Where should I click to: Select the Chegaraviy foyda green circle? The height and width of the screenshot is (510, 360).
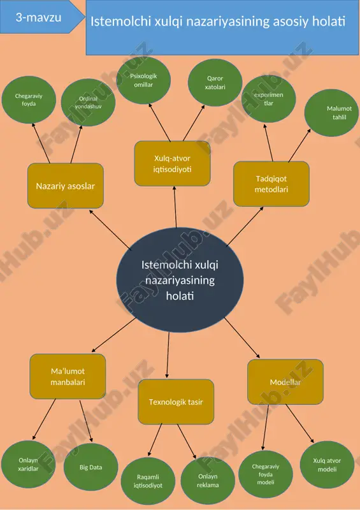[29, 100]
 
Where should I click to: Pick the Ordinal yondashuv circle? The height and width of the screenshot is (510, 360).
[88, 103]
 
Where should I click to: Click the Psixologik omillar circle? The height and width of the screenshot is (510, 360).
[143, 80]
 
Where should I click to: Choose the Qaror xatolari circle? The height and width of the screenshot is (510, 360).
[215, 83]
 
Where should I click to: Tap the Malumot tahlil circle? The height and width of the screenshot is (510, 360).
[332, 113]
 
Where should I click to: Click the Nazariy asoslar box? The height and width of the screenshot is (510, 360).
[66, 186]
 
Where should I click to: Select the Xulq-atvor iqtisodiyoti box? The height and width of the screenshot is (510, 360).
[173, 164]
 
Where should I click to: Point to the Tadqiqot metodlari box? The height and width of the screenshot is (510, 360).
[271, 184]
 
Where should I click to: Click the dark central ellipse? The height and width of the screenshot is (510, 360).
[180, 280]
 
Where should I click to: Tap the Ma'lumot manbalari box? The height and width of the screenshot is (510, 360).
[68, 376]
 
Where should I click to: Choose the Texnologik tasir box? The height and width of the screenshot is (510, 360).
[176, 402]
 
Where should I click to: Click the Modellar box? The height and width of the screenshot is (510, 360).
[285, 382]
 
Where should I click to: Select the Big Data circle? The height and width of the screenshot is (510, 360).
[90, 467]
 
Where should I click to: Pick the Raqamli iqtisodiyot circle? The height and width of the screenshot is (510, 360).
[148, 481]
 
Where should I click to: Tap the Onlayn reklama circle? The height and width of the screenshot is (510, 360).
[208, 481]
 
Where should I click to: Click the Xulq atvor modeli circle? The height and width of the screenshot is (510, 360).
[327, 465]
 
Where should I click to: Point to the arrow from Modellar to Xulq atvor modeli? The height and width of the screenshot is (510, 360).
[300, 423]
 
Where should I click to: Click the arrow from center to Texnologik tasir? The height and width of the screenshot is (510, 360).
[168, 355]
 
